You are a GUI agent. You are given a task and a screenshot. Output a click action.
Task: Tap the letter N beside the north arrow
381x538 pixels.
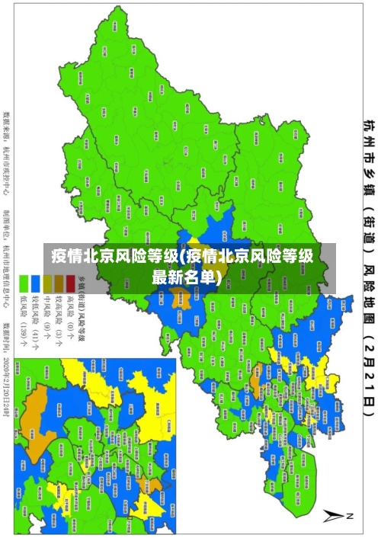pos(351,517)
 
